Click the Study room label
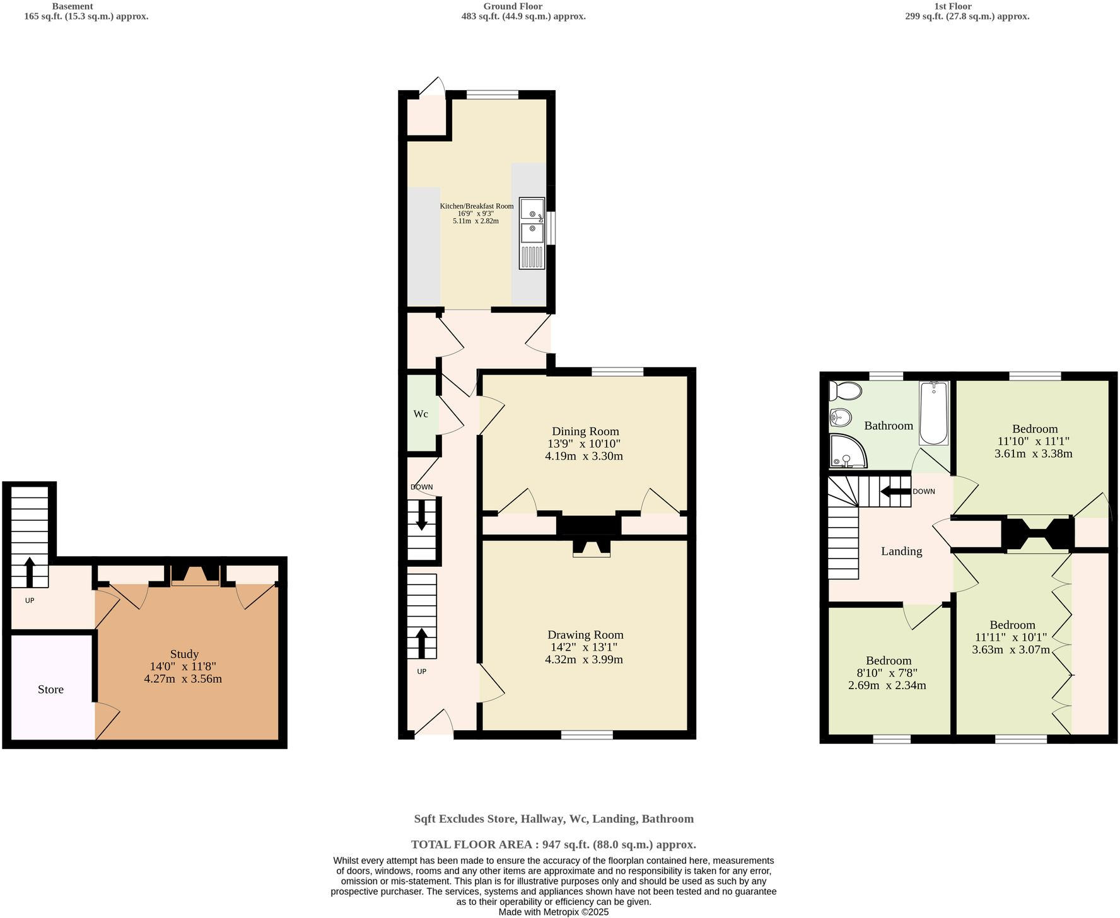pyautogui.click(x=184, y=654)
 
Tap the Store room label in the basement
pyautogui.click(x=50, y=689)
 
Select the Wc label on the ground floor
pyautogui.click(x=421, y=414)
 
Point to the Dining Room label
pyautogui.click(x=585, y=431)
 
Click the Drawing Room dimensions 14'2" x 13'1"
pyautogui.click(x=584, y=647)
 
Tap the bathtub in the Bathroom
pyautogui.click(x=933, y=414)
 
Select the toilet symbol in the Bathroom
pyautogui.click(x=845, y=391)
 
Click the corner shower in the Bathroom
pyautogui.click(x=847, y=451)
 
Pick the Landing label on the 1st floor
pyautogui.click(x=901, y=551)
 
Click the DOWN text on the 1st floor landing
pyautogui.click(x=923, y=492)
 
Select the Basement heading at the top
pyautogui.click(x=72, y=6)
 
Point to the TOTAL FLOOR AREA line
pyautogui.click(x=553, y=844)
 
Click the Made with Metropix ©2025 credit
pyautogui.click(x=553, y=912)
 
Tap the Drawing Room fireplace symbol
pyautogui.click(x=591, y=549)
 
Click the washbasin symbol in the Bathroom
pyautogui.click(x=840, y=417)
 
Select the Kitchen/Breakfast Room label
pyautogui.click(x=476, y=206)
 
